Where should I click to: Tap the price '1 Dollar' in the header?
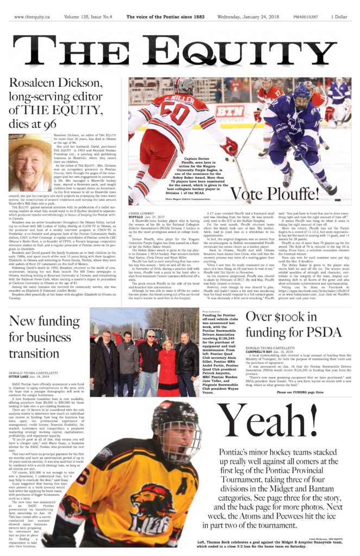339,17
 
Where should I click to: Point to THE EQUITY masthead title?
180,52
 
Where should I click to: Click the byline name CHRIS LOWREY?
141,214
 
